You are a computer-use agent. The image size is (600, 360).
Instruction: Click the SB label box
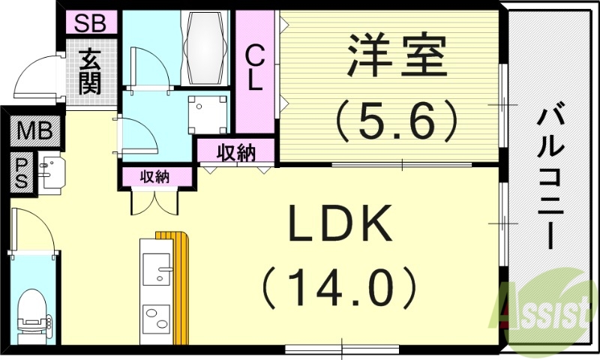[90, 23]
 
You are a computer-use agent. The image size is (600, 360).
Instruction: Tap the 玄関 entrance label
[90, 71]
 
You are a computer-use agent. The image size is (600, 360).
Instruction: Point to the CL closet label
[255, 67]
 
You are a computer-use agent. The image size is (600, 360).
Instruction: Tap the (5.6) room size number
[395, 118]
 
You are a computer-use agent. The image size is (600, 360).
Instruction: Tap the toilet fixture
[34, 313]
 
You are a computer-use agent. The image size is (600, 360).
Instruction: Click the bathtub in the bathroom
[205, 48]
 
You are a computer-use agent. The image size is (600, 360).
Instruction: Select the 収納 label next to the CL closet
[236, 153]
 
